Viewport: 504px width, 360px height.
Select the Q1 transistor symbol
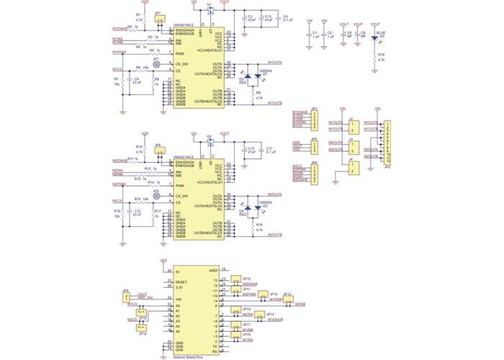pos(210,9)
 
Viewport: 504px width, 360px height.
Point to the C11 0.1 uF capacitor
pos(261,150)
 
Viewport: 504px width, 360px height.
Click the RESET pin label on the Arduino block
pos(182,282)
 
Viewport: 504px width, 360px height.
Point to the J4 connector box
pos(351,168)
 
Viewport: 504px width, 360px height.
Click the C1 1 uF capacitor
pos(310,34)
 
